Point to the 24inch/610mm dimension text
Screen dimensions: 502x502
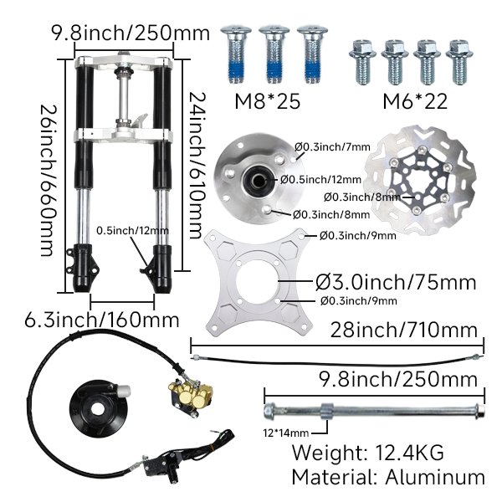click(x=197, y=163)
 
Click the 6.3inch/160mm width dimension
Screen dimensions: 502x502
click(x=101, y=320)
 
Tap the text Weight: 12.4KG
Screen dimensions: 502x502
click(x=367, y=453)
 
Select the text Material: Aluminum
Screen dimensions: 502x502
click(x=387, y=478)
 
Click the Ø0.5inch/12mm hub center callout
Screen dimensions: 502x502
click(x=321, y=179)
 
